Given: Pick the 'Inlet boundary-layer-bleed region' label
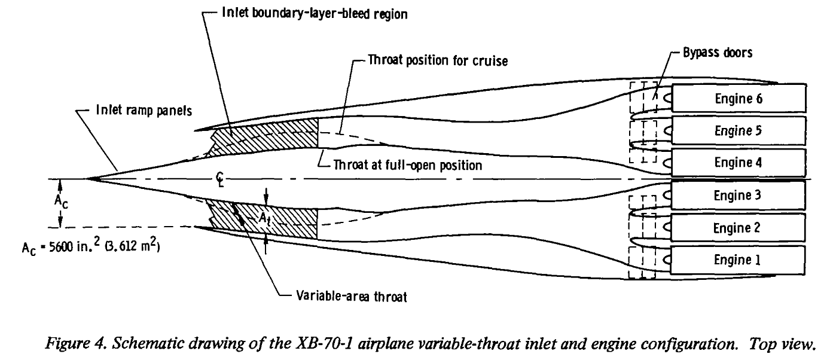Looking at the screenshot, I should pos(315,14).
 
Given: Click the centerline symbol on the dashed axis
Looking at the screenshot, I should pos(222,179).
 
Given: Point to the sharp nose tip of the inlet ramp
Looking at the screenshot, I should pos(87,178).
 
